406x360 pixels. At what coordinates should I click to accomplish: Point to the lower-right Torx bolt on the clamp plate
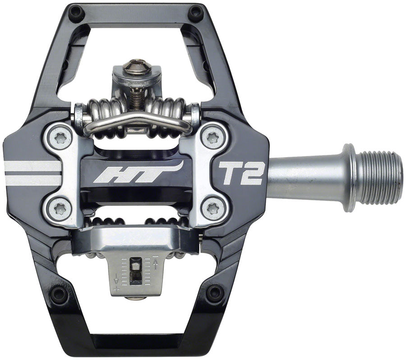click(x=211, y=209)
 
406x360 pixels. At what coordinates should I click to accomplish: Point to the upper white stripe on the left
click(x=32, y=166)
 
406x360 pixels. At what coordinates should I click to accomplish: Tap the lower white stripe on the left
click(x=32, y=180)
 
